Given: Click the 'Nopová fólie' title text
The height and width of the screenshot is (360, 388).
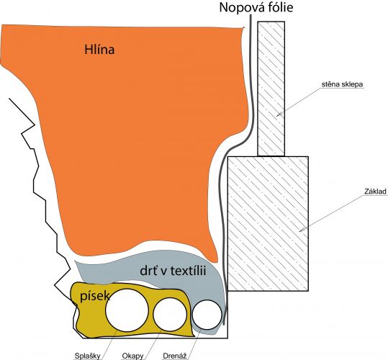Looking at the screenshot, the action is coord(256,7).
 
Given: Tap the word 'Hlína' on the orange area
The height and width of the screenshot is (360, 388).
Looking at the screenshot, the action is coord(99,50).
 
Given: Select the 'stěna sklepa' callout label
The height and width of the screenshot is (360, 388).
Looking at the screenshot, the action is coord(342,84).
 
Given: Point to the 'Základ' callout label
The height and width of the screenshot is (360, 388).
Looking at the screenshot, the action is coord(375,192).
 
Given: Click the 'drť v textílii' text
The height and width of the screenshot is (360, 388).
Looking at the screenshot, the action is coord(173,271).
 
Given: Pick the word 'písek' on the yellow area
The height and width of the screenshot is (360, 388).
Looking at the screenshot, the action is coord(95,296).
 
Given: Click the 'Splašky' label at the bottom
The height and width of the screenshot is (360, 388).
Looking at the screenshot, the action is coord(87,356).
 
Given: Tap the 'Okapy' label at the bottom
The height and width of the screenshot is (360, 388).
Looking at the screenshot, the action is coord(132,356).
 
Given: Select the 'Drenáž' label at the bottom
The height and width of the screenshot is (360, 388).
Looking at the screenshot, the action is coord(175,356).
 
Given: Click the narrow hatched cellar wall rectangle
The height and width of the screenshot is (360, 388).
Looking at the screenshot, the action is coord(271,89).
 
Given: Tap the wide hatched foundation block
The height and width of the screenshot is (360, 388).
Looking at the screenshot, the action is coord(268,223).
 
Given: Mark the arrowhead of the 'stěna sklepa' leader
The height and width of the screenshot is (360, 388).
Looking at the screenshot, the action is coord(278,115).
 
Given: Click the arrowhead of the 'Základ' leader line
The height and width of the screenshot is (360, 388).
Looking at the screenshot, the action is coord(301,230).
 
